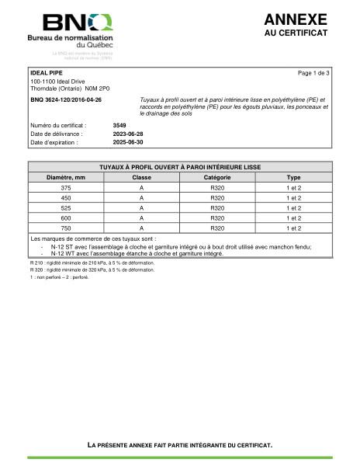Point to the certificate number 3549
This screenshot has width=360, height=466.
coord(119,124)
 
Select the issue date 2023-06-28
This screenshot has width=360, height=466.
coord(128,134)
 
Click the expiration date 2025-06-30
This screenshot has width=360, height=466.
coord(128,143)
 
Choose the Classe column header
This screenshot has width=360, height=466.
coord(141,177)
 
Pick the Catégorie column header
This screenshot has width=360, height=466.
coord(217,177)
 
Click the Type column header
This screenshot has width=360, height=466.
coord(293,177)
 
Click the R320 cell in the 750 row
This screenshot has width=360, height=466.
coord(217,228)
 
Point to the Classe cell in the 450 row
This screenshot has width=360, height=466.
coord(141,198)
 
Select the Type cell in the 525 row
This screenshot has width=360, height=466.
coord(293,208)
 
